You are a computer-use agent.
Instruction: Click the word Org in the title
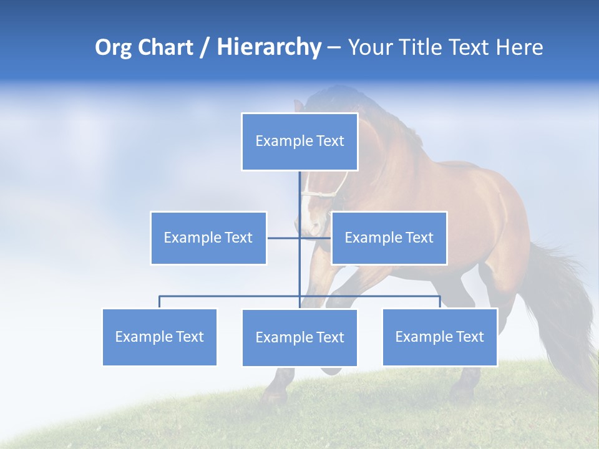[x=114, y=47]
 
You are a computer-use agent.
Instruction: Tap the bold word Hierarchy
[x=268, y=47]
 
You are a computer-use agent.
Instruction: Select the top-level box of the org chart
[x=299, y=142]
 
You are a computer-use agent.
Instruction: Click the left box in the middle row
[x=208, y=238]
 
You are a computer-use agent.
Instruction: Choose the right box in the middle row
[x=389, y=238]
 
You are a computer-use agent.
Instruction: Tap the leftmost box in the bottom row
[x=160, y=337]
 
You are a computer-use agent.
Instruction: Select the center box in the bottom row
[x=299, y=337]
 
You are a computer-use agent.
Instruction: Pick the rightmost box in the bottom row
[x=440, y=337]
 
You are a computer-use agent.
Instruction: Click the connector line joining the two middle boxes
[x=284, y=238]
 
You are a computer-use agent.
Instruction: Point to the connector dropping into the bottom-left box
[x=160, y=302]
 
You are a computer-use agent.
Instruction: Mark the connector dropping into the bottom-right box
[x=440, y=302]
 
